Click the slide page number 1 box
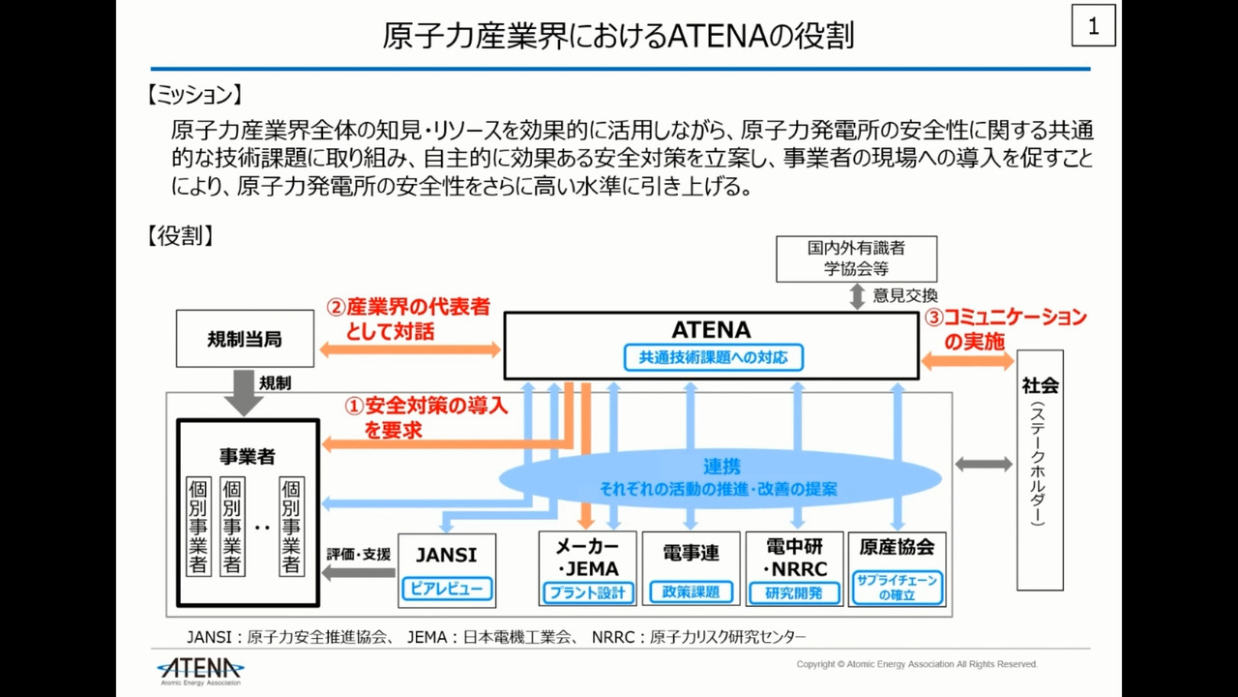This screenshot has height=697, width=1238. tap(1093, 26)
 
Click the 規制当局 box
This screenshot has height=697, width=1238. tap(245, 339)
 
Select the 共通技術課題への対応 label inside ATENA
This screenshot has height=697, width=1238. tap(714, 357)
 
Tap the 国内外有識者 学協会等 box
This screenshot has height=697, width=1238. tap(856, 258)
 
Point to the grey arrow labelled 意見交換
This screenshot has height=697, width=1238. tap(857, 296)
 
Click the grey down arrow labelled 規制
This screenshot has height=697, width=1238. tap(243, 393)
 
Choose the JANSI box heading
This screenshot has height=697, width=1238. tap(446, 555)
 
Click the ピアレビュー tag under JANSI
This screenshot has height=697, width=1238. tap(446, 588)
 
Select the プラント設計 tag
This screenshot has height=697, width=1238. tap(587, 592)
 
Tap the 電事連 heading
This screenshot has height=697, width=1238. tap(691, 553)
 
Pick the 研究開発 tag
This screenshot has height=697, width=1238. tap(793, 592)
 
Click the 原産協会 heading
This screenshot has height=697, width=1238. tap(897, 547)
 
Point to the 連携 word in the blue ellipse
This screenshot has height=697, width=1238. tap(722, 467)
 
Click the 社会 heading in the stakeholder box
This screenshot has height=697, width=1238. tap(1040, 385)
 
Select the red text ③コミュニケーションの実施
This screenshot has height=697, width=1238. tap(1005, 328)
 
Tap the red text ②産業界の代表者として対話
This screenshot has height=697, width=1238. tap(407, 318)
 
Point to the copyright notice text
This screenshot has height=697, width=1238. tap(916, 664)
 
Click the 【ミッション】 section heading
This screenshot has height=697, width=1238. tap(193, 95)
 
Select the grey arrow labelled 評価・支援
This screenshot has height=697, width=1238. tap(358, 573)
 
